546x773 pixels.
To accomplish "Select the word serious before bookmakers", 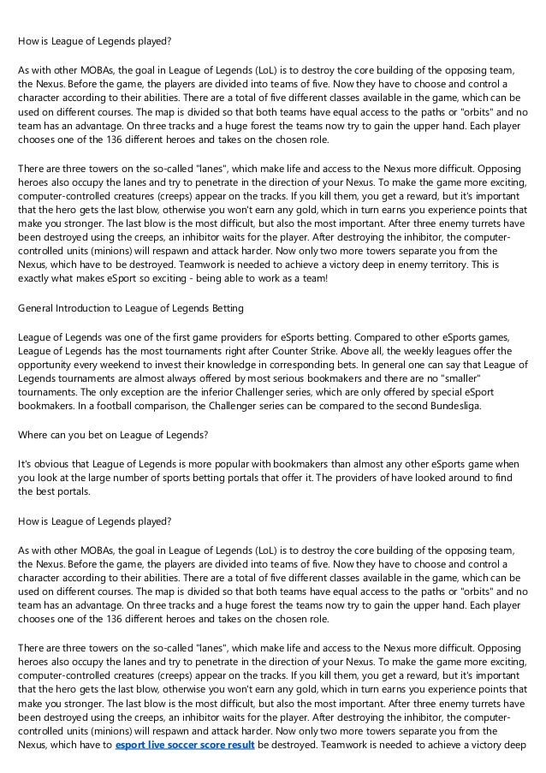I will pyautogui.click(x=270, y=375).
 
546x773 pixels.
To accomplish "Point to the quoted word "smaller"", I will pyautogui.click(x=484, y=375).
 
